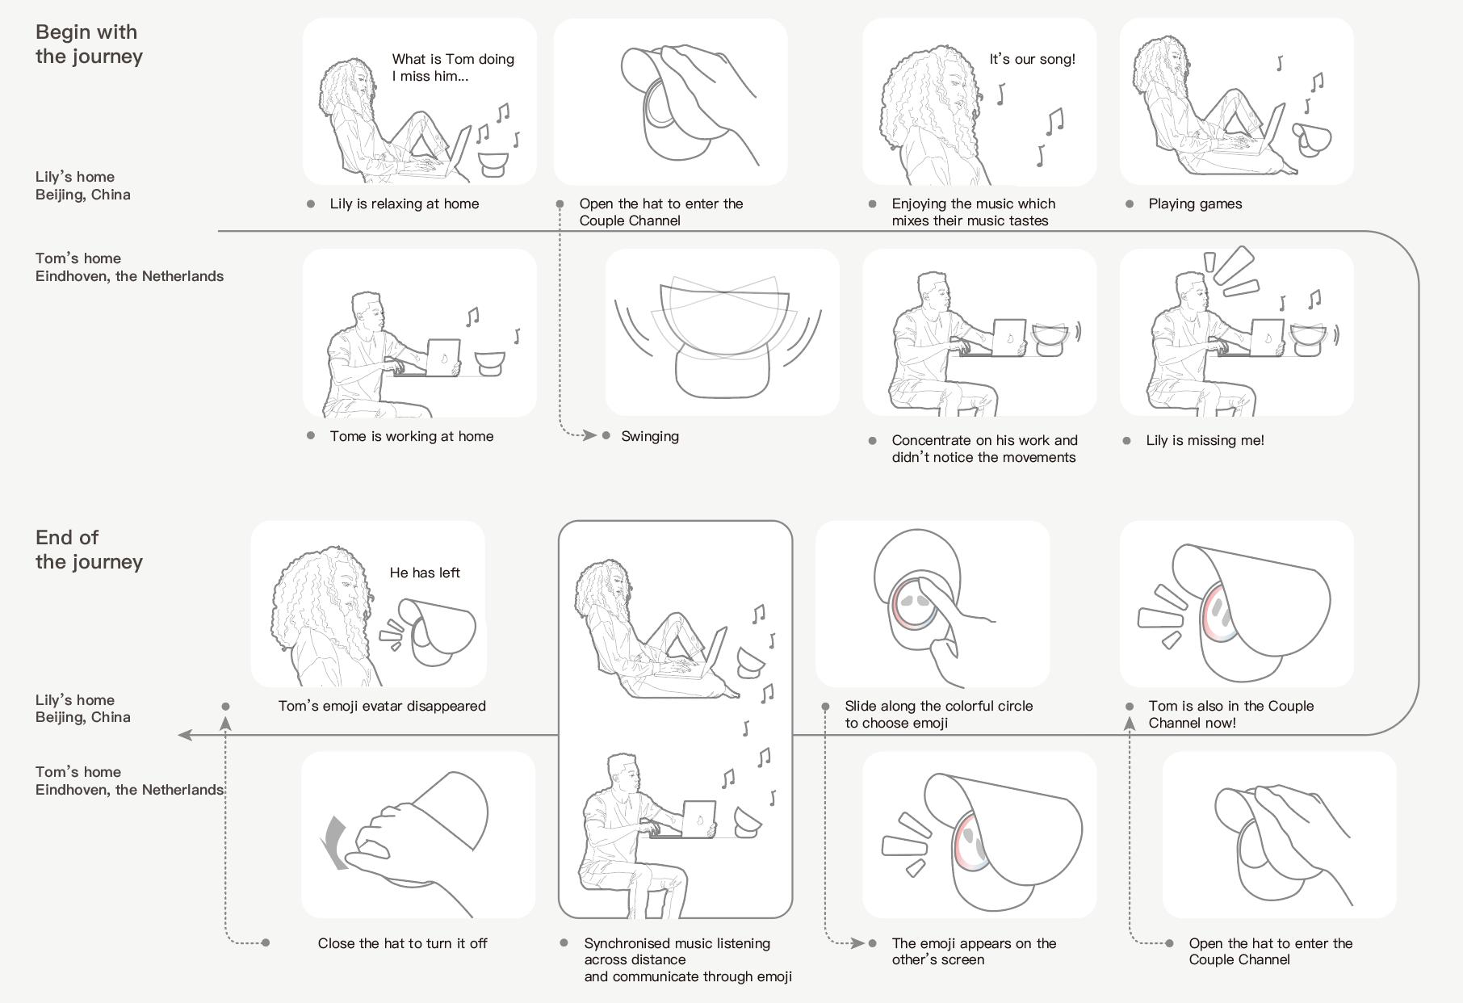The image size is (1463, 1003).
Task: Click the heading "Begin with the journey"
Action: (x=89, y=44)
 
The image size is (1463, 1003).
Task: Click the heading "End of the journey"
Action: (x=89, y=550)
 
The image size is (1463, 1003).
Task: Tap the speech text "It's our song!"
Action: (x=1032, y=59)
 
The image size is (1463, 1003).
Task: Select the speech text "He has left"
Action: (x=425, y=573)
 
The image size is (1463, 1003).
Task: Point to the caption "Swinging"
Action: (x=650, y=436)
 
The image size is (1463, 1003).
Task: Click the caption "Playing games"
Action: (x=1195, y=204)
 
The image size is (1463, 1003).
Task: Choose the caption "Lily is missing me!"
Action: (x=1205, y=440)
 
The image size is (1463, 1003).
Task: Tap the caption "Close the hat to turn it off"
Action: (x=402, y=943)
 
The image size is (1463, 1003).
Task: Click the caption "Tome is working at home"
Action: (x=411, y=436)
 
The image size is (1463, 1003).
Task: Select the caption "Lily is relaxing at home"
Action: (x=404, y=204)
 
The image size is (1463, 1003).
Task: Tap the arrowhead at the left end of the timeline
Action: (x=186, y=735)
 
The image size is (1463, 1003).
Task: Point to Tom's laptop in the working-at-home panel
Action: (x=442, y=357)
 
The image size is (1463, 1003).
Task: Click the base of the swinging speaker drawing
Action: (x=722, y=373)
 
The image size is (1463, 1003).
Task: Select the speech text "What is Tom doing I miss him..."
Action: (x=452, y=67)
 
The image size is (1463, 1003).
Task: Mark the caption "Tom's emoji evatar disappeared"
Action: (x=382, y=706)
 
